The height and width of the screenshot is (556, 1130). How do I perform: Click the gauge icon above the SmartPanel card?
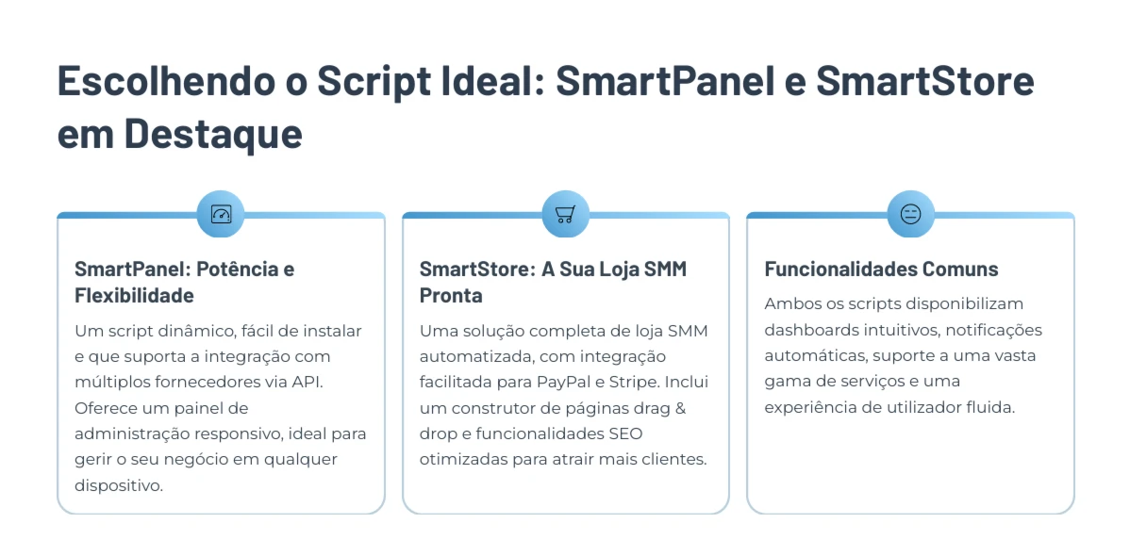pyautogui.click(x=221, y=214)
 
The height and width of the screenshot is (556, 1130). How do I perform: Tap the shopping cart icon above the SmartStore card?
pyautogui.click(x=565, y=214)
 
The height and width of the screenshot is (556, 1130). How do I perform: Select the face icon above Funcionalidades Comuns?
pyautogui.click(x=911, y=214)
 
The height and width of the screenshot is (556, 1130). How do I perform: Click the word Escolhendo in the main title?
pyautogui.click(x=160, y=82)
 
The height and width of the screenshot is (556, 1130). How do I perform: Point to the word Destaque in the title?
pyautogui.click(x=214, y=135)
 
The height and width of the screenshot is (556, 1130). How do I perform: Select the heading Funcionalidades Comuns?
pyautogui.click(x=881, y=270)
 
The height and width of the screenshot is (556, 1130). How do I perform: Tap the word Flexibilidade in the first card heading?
pyautogui.click(x=134, y=295)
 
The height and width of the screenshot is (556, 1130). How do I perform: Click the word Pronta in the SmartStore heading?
pyautogui.click(x=451, y=295)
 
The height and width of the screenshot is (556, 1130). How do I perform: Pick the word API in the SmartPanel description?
pyautogui.click(x=309, y=382)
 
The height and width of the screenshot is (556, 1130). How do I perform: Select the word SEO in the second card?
pyautogui.click(x=627, y=433)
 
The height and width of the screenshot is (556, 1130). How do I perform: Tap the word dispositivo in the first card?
pyautogui.click(x=119, y=485)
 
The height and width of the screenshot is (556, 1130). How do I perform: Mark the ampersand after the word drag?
pyautogui.click(x=680, y=408)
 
